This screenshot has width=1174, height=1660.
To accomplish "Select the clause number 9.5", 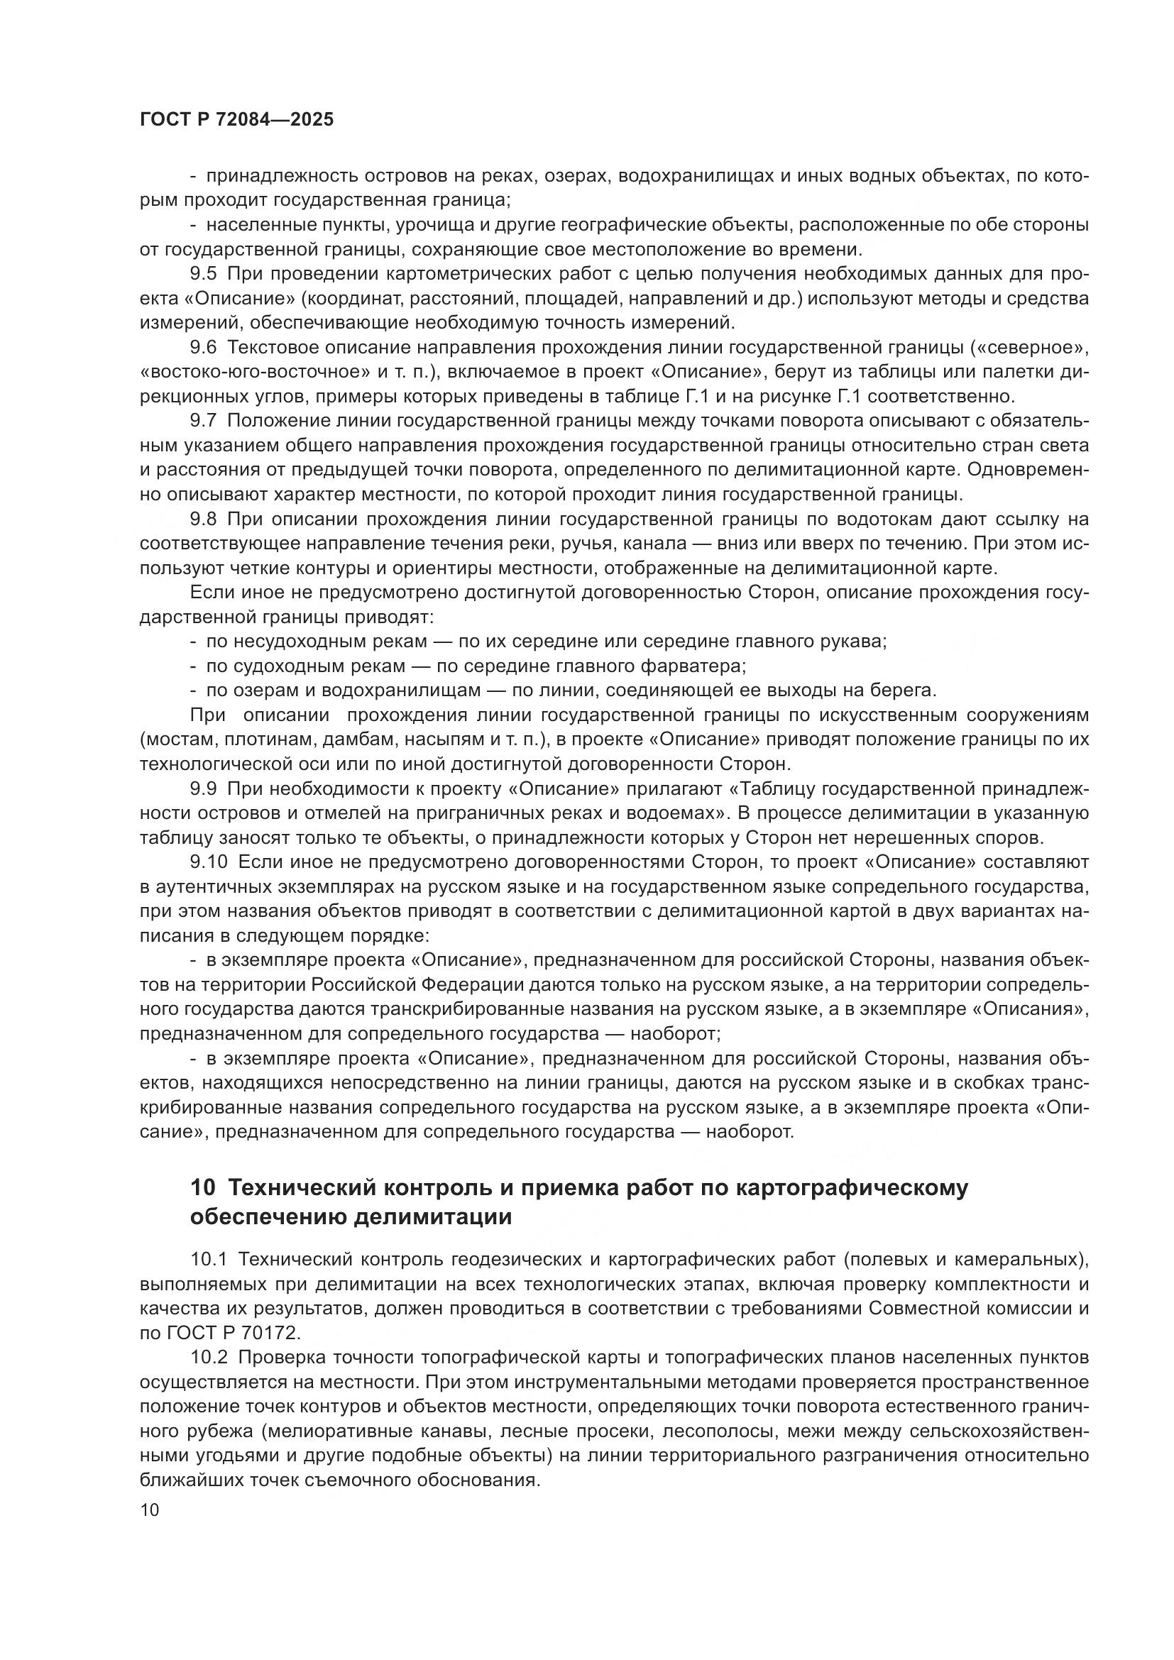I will click(x=203, y=274).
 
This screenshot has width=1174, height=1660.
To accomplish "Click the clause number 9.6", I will click(x=203, y=348).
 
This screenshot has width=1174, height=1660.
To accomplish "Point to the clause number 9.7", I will click(x=203, y=422).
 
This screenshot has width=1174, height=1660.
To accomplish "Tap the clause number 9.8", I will click(x=203, y=519).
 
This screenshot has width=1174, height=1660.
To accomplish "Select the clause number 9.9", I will click(x=203, y=788).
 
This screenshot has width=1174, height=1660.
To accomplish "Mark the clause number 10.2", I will click(x=208, y=1358).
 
